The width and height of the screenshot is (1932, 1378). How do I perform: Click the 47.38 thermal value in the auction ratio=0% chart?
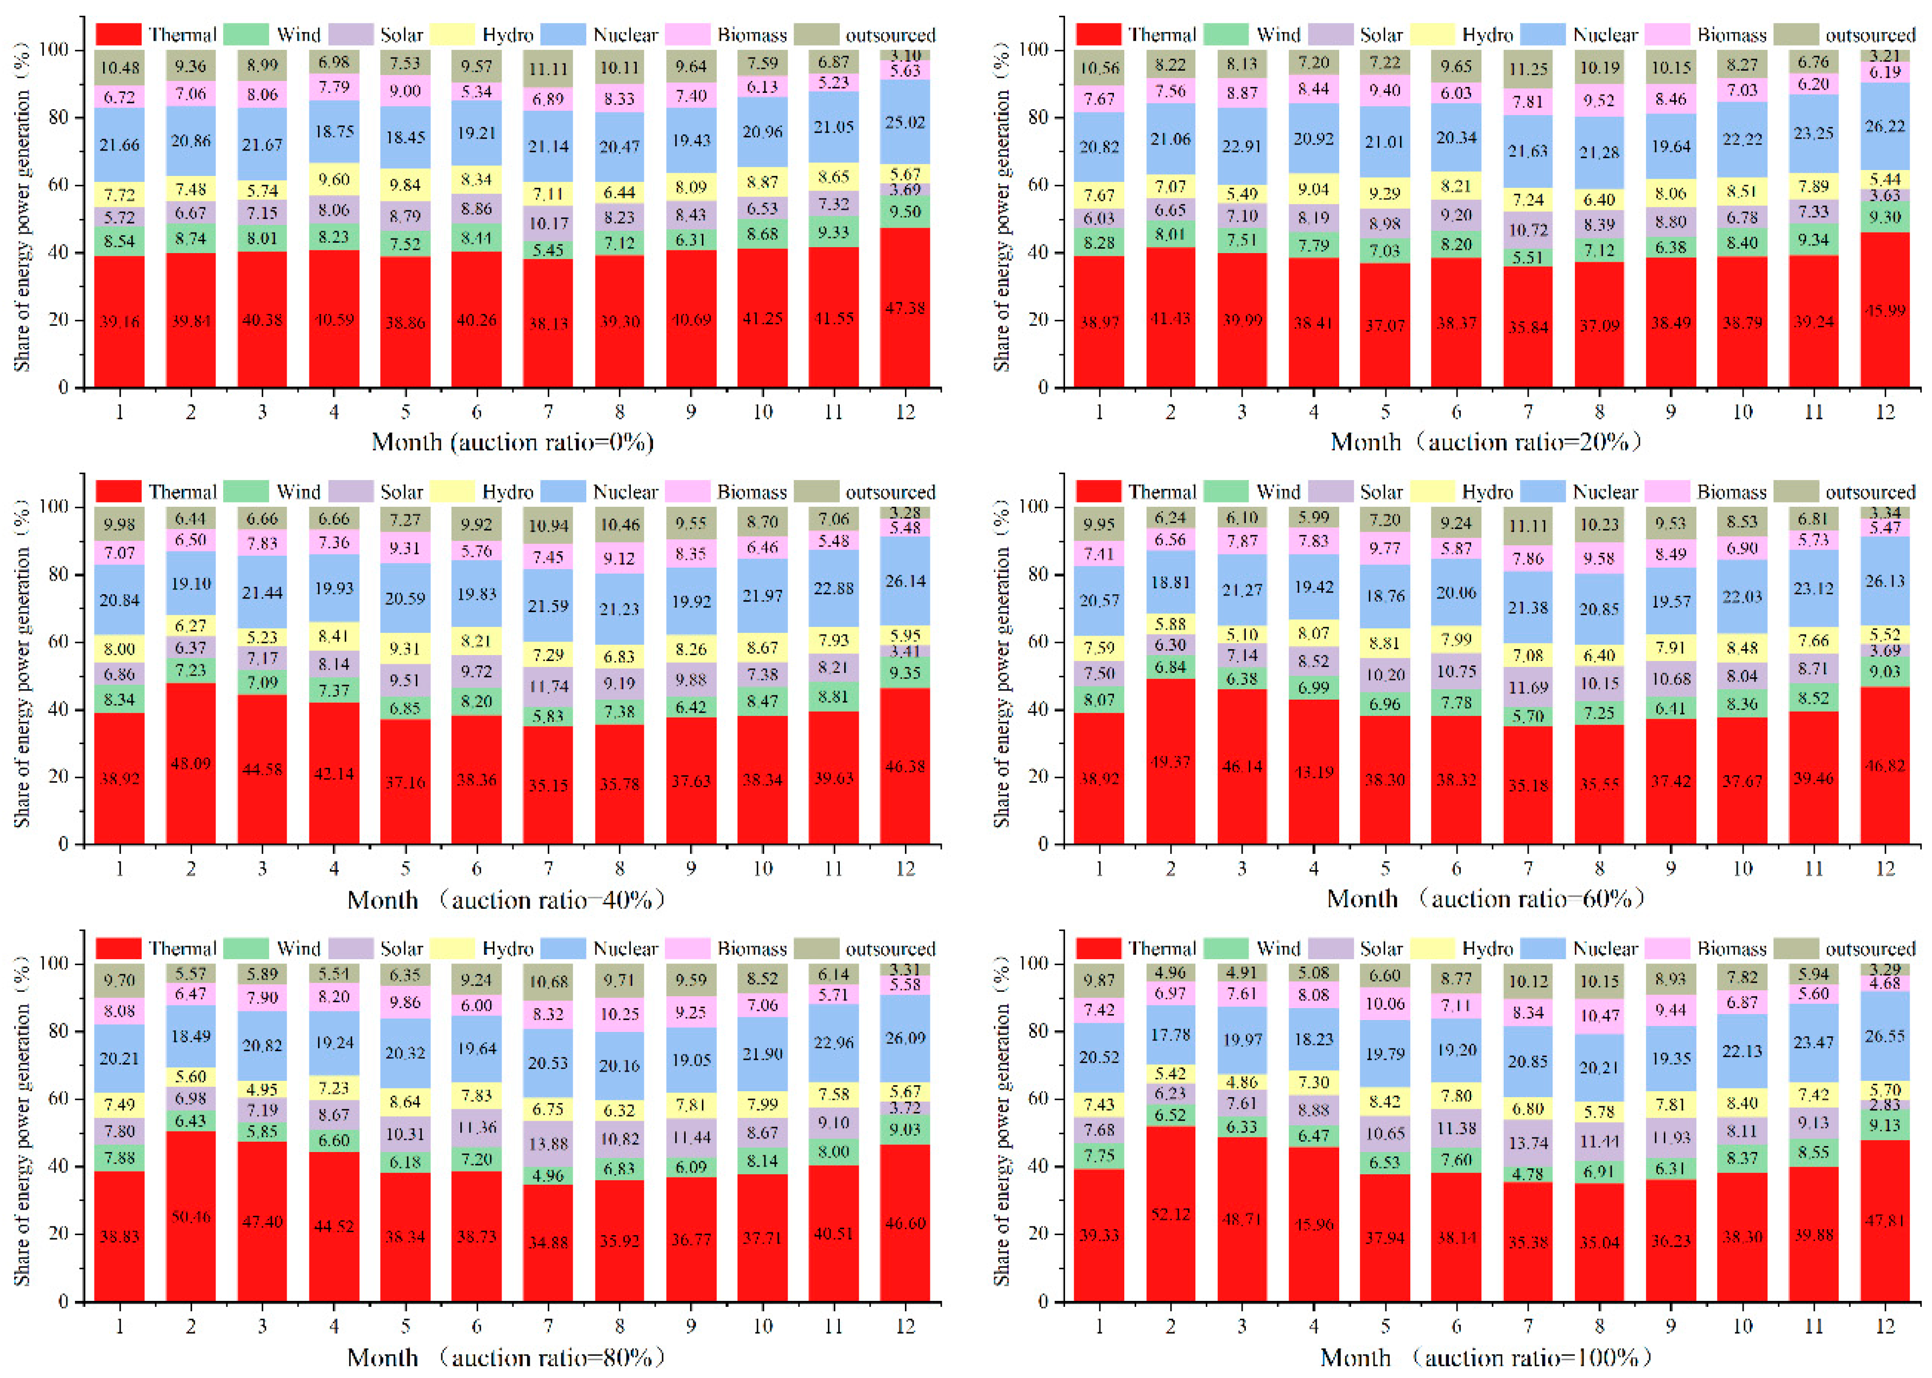pos(905,308)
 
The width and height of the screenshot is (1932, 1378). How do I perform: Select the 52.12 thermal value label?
pos(1170,1214)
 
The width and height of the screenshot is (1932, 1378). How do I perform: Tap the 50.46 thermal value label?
pos(191,1217)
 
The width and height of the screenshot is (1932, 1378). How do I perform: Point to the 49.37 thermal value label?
pos(1170,762)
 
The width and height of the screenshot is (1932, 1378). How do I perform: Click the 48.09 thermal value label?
pos(191,764)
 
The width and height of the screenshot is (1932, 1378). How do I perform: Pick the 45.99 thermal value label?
pos(1885,311)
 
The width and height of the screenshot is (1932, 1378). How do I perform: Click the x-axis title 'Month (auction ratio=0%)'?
pos(512,442)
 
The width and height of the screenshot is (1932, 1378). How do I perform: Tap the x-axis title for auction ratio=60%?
pos(1484,898)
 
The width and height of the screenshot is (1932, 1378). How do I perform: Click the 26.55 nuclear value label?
pos(1885,1036)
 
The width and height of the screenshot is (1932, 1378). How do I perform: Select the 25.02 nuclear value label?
pos(905,122)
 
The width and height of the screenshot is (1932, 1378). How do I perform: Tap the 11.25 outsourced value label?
pos(1528,70)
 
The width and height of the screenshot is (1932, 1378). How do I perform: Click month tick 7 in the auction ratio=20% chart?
pos(1528,412)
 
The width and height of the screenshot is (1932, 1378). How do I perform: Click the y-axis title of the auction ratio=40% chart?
pos(21,675)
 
